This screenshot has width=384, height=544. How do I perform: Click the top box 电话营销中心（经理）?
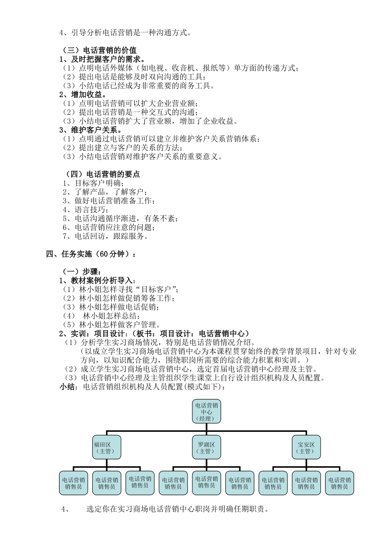206,412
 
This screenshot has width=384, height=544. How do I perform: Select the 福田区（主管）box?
106,447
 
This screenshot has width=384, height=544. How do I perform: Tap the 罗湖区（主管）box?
206,447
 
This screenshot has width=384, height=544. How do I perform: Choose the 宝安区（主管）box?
306,447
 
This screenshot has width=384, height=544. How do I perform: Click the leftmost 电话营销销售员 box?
73,483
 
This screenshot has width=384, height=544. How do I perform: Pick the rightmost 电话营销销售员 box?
340,483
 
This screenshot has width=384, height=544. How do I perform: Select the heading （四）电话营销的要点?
103,174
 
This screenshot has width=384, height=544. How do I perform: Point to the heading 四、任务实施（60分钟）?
91,254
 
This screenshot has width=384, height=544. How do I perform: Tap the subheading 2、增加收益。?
83,95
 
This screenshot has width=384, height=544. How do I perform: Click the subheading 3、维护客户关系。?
91,130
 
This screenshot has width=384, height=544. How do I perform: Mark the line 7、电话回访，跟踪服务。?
105,236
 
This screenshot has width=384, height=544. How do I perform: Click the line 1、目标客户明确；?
93,183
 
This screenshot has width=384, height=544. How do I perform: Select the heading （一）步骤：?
81,272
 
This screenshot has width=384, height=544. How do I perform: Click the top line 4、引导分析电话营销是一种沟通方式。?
125,33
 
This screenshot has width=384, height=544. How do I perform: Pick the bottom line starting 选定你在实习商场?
178,509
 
